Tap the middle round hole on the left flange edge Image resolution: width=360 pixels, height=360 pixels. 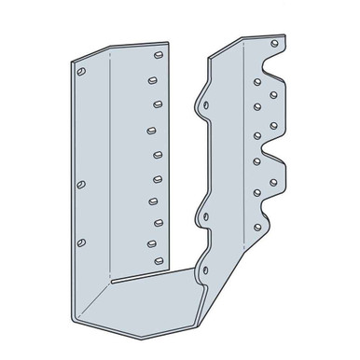pyautogui.click(x=81, y=184)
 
